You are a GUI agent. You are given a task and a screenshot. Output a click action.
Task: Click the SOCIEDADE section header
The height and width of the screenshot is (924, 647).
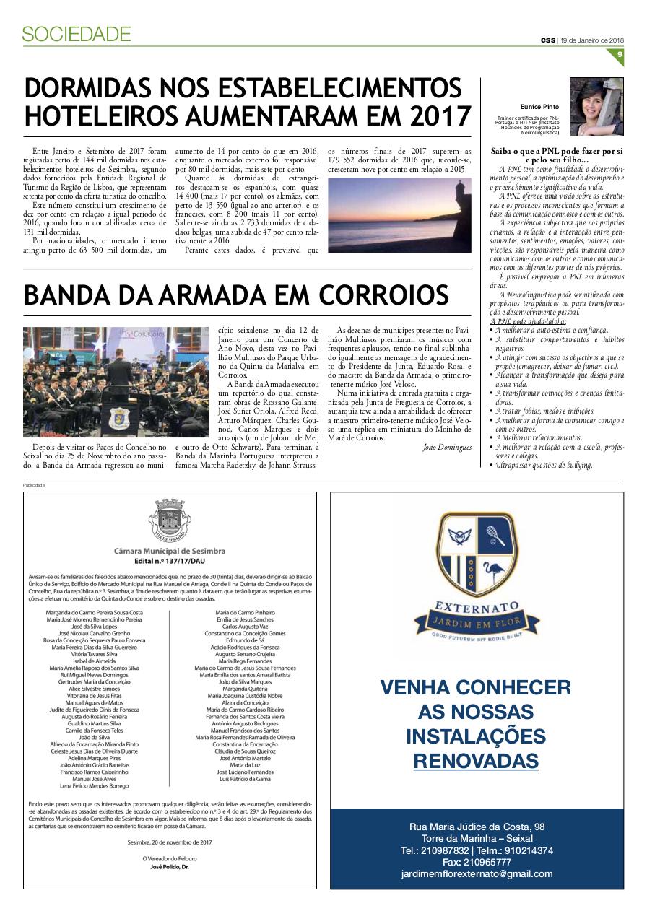tap(76, 33)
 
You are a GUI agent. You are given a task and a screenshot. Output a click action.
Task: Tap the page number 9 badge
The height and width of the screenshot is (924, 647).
tap(620, 55)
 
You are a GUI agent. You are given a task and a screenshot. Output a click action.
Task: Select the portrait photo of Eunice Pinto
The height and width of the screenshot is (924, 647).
tap(596, 107)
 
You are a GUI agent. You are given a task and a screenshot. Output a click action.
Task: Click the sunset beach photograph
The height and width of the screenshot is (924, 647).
tap(399, 214)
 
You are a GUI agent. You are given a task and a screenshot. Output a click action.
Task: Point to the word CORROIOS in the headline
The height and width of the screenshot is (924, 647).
tap(378, 295)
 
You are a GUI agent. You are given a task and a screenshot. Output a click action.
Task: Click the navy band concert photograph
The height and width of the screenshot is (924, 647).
tap(116, 382)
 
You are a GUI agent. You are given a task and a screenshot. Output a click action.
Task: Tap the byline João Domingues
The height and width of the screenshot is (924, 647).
tap(447, 448)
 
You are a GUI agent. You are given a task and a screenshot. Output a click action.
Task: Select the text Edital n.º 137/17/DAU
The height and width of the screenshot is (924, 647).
tap(170, 560)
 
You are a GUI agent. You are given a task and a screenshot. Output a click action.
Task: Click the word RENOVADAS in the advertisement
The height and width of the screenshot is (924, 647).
tap(476, 761)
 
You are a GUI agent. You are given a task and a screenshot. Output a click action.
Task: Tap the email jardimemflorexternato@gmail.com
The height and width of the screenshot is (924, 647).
tap(477, 873)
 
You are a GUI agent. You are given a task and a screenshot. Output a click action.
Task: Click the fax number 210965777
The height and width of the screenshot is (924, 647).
tap(477, 862)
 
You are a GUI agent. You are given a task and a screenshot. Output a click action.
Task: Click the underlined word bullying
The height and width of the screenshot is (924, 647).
tap(579, 466)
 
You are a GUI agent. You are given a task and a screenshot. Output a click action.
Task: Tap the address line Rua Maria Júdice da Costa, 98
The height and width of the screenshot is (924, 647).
tap(477, 827)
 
